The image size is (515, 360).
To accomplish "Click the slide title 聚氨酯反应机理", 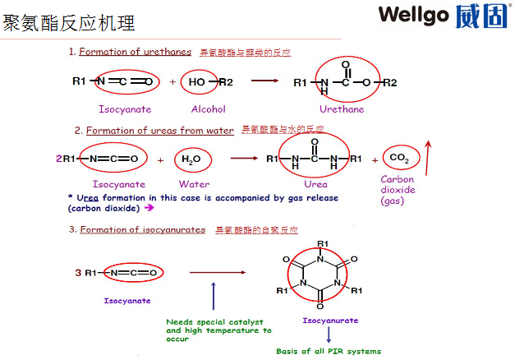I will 69,22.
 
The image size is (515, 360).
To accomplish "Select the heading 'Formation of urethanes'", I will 135,52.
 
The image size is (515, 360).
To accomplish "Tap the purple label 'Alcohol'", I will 208,108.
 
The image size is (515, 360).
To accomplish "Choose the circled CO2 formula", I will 400,158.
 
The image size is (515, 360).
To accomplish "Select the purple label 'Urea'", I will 315,184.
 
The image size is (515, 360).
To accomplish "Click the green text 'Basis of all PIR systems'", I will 329,351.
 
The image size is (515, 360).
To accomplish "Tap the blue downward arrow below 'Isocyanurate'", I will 329,335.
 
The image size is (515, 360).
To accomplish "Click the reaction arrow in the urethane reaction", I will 264,81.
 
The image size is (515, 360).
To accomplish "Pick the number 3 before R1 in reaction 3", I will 77,272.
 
